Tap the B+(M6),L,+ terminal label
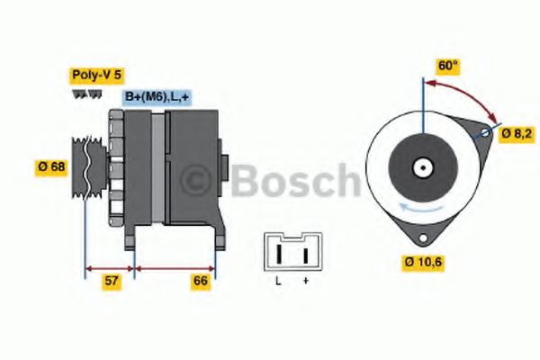tap(156, 96)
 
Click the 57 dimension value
tap(111, 281)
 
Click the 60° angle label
tap(447, 67)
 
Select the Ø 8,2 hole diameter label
tap(517, 133)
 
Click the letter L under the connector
tap(278, 282)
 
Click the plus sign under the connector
tap(305, 282)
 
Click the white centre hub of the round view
tap(421, 167)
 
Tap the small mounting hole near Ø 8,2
tap(486, 133)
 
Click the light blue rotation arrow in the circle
tap(409, 206)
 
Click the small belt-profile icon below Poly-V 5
tap(82, 94)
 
